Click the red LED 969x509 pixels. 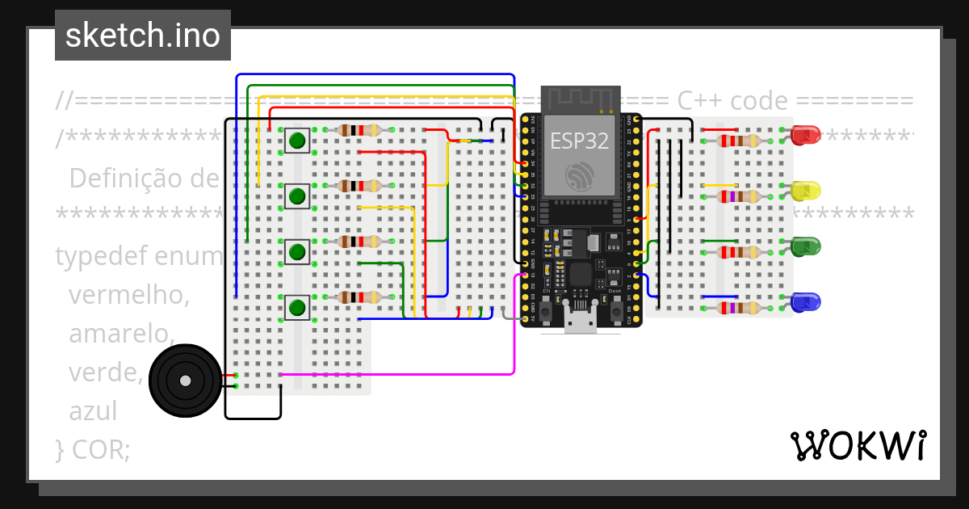805,135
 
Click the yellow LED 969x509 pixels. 805,191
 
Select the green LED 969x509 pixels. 805,246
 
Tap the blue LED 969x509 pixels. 805,302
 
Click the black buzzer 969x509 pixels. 186,381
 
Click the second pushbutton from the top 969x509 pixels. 297,196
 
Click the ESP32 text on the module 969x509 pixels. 579,140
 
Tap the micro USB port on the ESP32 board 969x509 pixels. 580,323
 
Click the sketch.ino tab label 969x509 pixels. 143,36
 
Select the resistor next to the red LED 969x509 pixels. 738,141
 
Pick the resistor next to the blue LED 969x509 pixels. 738,308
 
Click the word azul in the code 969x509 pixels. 93,410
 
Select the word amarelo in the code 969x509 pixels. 121,333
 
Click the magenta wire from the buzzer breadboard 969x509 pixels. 404,374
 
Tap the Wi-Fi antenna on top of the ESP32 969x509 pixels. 581,99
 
